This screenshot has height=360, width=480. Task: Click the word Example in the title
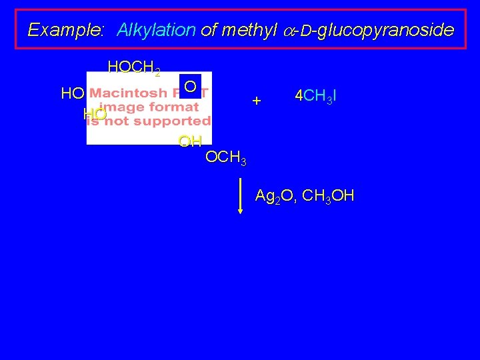pos(65,30)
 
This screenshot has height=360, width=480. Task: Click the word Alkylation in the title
pos(157,30)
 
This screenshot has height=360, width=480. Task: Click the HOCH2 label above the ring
pos(133,67)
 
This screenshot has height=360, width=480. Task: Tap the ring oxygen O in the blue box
pos(190,87)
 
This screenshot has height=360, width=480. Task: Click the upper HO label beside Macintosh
pos(72,94)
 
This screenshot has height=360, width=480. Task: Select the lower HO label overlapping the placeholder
pos(95,115)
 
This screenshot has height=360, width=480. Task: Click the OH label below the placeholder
pos(190,141)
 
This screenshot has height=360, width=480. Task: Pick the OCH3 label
pos(226,159)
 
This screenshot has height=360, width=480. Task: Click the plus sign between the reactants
pos(257,101)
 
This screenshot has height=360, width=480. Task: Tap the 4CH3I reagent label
pos(315,96)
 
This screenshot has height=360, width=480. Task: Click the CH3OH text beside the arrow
pos(328,197)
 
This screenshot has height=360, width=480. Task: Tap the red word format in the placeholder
pos(174,107)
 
